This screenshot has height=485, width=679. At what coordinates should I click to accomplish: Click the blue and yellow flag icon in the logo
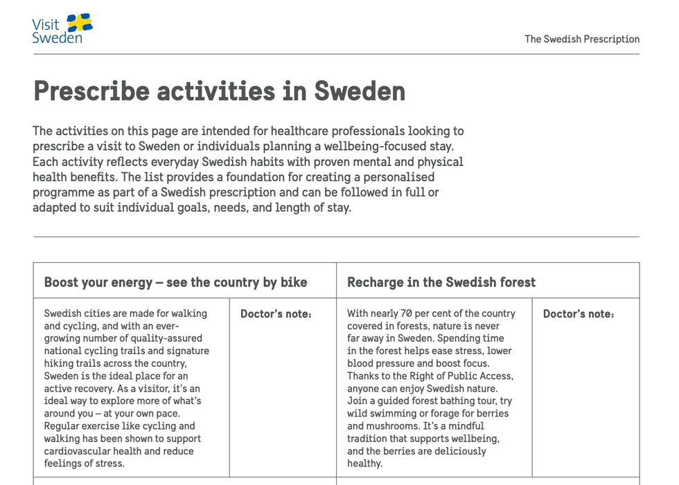pos(80,24)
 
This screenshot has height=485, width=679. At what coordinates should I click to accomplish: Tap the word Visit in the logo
pos(46,24)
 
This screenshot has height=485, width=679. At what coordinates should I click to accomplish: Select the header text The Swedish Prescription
pos(581,39)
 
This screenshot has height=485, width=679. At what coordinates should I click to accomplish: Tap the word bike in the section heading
pos(294,282)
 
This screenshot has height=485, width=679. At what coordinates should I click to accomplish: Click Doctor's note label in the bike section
pos(276,314)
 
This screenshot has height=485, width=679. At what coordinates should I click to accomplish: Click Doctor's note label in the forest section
pos(579,314)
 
